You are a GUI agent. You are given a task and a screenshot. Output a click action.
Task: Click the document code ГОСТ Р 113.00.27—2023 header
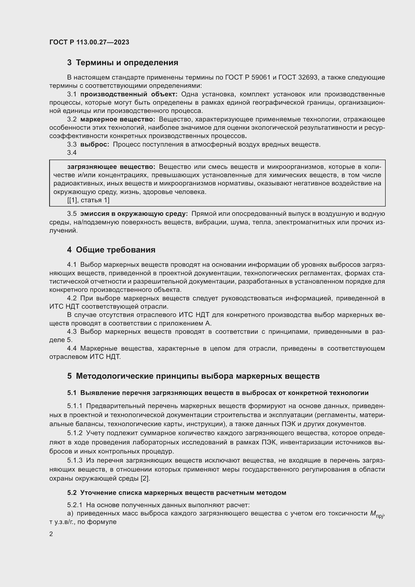(x=89, y=42)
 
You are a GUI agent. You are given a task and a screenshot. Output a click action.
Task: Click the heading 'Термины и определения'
(x=127, y=63)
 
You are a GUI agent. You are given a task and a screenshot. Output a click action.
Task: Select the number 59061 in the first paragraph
(x=261, y=77)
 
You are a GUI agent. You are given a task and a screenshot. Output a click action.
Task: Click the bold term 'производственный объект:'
(x=129, y=94)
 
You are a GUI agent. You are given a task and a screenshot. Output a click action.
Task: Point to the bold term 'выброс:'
(x=95, y=145)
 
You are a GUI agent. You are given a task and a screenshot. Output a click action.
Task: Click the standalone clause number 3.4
(x=72, y=153)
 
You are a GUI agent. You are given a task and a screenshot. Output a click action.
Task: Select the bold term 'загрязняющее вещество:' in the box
(x=111, y=167)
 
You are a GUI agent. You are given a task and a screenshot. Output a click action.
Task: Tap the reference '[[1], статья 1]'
(x=88, y=200)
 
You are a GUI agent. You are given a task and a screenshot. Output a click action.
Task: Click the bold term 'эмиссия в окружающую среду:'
(x=134, y=214)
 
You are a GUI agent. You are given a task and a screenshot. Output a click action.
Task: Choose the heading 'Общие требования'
(x=115, y=250)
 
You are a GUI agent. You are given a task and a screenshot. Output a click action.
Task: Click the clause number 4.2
(x=72, y=298)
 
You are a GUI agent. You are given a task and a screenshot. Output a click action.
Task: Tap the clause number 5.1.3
(x=75, y=461)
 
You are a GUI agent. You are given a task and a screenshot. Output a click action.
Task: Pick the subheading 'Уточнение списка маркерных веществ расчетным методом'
(x=183, y=493)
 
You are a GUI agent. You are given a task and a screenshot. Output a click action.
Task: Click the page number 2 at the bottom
(x=51, y=534)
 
